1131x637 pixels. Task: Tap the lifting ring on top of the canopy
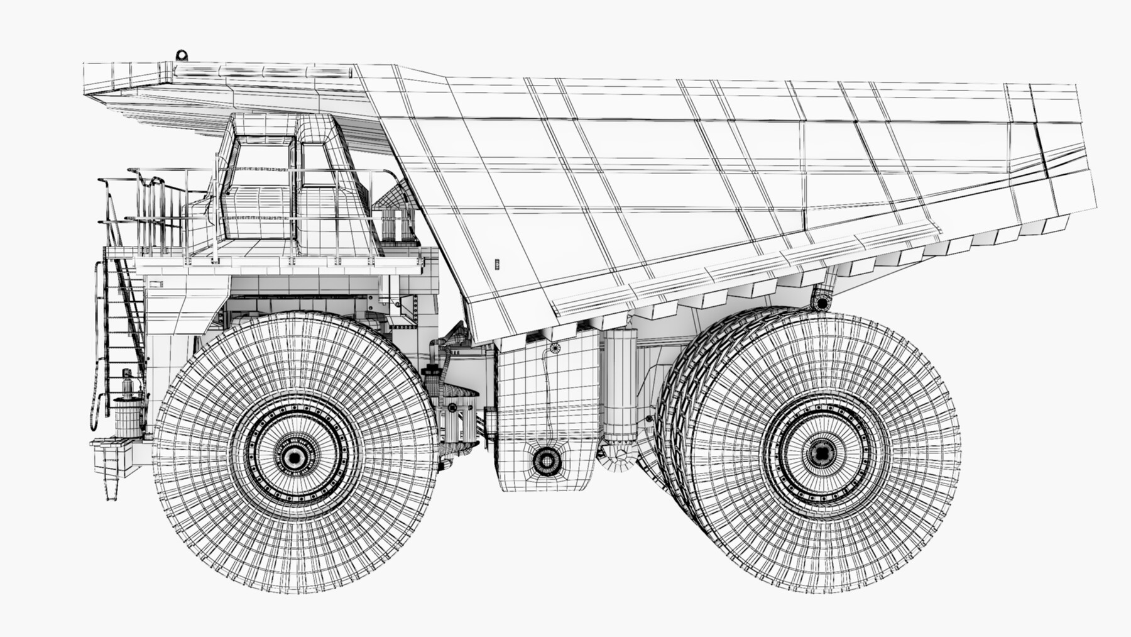pos(182,55)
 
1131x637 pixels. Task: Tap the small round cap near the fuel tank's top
pos(554,347)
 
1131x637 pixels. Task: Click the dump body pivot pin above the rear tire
pos(821,303)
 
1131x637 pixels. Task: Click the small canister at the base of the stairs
pos(128,409)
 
